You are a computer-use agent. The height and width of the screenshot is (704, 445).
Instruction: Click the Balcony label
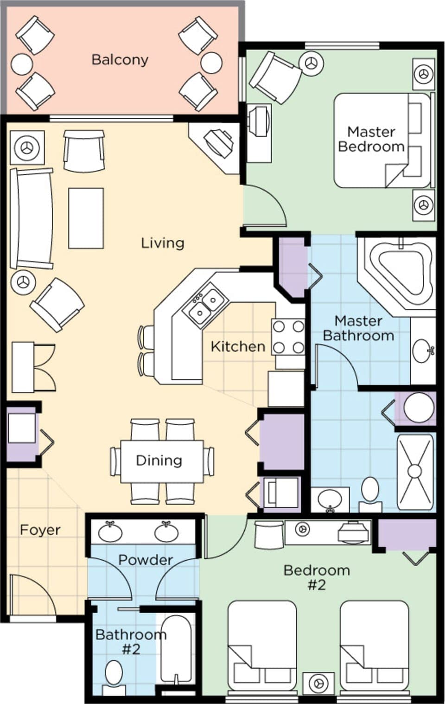120,59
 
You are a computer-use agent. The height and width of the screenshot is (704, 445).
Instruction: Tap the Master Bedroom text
371,139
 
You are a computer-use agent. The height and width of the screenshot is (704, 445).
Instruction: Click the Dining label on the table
159,461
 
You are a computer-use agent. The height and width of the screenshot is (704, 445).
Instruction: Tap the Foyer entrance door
32,596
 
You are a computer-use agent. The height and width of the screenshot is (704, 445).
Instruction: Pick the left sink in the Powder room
110,532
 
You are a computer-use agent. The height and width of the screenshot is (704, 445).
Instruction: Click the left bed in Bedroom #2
262,647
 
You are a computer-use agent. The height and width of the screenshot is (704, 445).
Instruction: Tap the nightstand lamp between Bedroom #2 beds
318,683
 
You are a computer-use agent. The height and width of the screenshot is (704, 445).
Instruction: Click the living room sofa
32,218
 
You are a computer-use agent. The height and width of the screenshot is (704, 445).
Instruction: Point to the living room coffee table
86,218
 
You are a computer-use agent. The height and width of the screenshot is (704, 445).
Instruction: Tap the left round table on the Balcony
22,64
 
